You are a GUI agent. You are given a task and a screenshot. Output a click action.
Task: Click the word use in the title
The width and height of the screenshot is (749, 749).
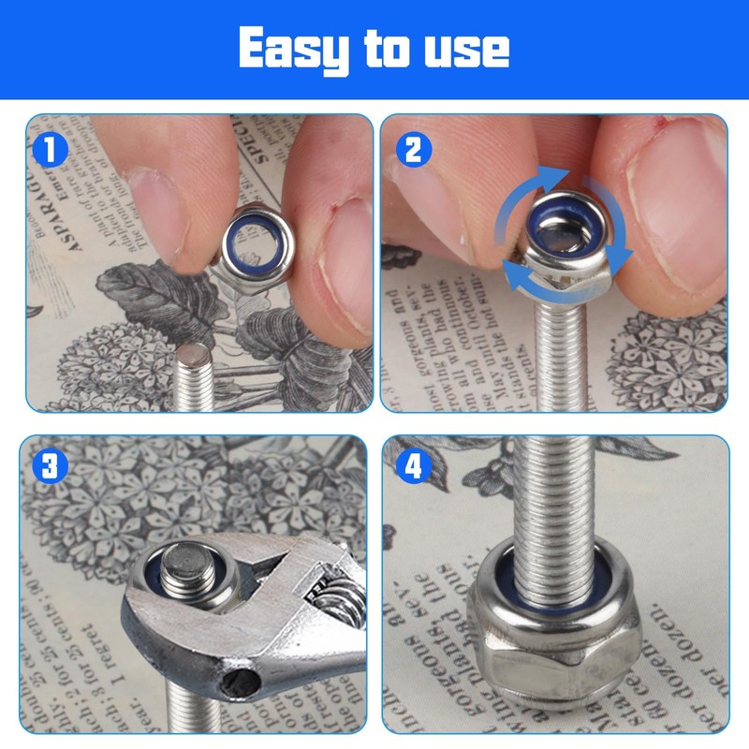(x=465, y=50)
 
